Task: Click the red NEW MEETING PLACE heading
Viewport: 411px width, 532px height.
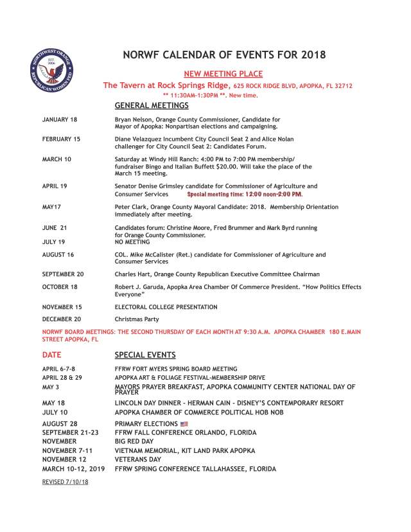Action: [223, 74]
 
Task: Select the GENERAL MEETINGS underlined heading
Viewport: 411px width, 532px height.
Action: [151, 105]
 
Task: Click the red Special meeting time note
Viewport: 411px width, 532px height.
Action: [244, 194]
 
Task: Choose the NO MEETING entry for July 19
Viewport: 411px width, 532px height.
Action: [130, 242]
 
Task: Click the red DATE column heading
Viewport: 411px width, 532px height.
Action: [52, 355]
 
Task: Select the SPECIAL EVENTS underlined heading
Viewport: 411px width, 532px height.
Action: [145, 355]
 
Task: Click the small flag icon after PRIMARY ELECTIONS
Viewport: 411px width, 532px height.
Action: [185, 424]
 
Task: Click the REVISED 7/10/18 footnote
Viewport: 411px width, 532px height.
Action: [65, 481]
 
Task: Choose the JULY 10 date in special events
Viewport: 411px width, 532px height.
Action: [55, 412]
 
